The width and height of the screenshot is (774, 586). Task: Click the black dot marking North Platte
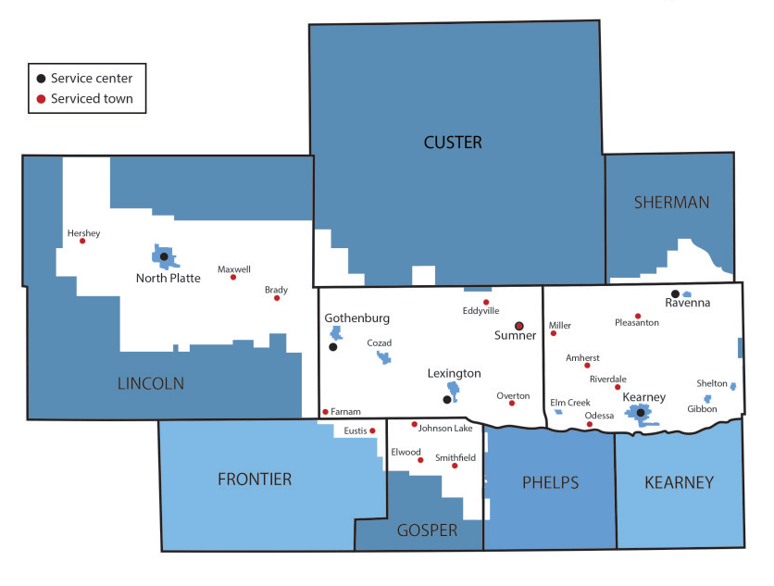pos(164,256)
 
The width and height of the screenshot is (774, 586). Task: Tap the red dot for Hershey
pos(82,241)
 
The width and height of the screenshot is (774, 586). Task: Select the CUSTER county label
pos(453,142)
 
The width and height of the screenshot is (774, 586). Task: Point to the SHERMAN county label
pos(671,203)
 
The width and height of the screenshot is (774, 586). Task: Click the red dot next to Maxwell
pos(233,277)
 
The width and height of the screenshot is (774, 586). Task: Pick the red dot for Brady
pos(277,297)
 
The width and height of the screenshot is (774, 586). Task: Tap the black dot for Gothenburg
pos(333,347)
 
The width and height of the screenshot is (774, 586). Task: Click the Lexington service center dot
pos(447,400)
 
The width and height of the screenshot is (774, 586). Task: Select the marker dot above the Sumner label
pos(519,325)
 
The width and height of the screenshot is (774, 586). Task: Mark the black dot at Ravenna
pos(675,293)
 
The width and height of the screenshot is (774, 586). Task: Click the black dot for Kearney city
pos(640,413)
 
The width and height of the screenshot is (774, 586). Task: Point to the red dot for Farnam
pos(325,412)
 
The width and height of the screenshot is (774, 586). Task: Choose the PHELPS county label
pos(550,482)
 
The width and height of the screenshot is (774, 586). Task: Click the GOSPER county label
pos(427,530)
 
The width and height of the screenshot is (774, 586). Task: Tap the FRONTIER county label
pos(255,479)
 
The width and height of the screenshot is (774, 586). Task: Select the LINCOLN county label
pos(151,383)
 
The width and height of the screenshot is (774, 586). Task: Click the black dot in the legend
pos(41,79)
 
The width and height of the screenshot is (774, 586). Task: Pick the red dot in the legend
pos(41,98)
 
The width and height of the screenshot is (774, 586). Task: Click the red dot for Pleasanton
pos(638,316)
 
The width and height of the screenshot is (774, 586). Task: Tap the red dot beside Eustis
pos(372,430)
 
